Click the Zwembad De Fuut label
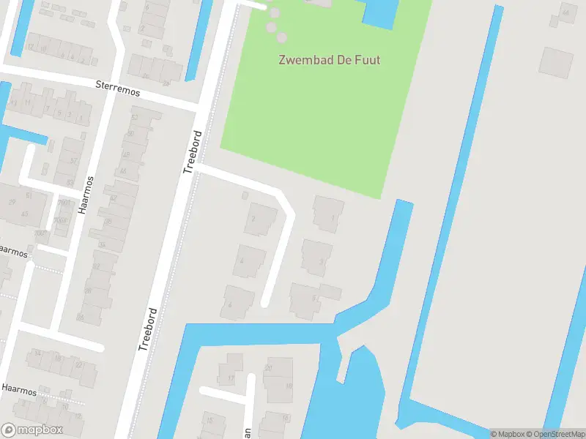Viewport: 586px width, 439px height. click(329, 60)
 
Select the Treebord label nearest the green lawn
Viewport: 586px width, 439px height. click(193, 151)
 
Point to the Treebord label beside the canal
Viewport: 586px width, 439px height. click(148, 329)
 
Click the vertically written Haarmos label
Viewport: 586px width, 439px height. click(88, 194)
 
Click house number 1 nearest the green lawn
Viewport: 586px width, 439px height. click(329, 214)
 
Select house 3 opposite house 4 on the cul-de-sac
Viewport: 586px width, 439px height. click(317, 258)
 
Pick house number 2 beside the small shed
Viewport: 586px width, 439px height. click(261, 219)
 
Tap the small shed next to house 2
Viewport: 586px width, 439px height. click(245, 195)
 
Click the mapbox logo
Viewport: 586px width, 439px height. click(31, 430)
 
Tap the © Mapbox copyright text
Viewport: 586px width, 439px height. click(507, 434)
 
